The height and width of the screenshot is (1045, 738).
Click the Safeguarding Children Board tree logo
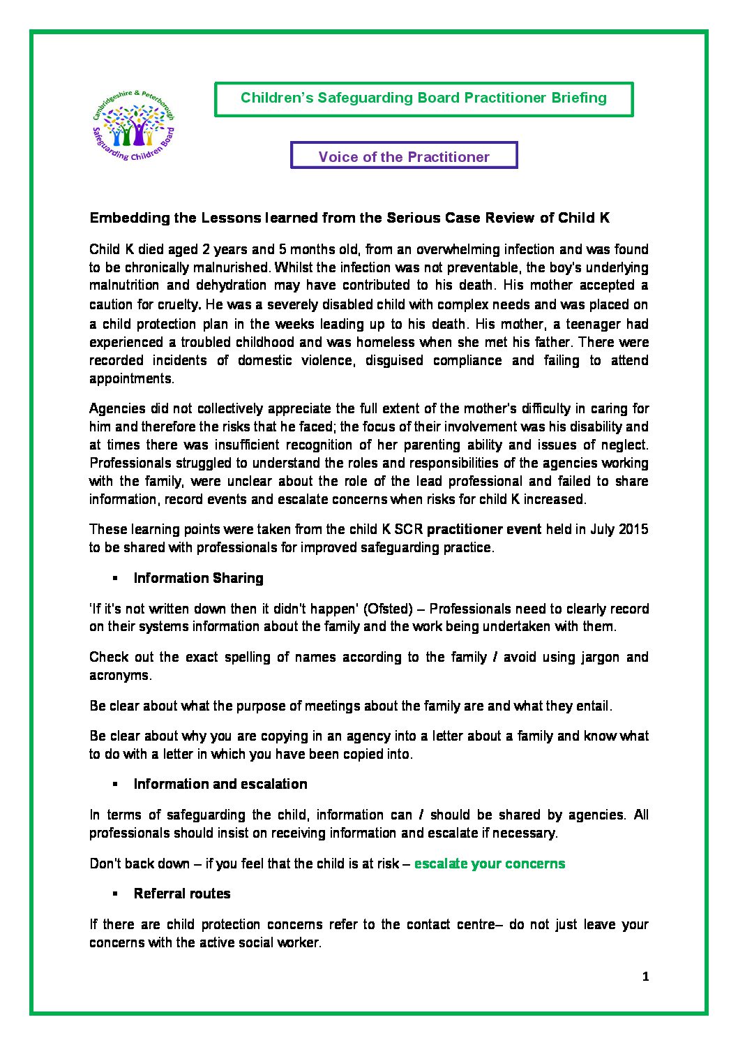[134, 126]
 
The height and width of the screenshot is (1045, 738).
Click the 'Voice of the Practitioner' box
[404, 156]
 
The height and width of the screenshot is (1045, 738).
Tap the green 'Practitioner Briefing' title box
[423, 98]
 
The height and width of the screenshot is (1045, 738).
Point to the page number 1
[645, 977]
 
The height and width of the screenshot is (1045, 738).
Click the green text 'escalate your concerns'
[489, 864]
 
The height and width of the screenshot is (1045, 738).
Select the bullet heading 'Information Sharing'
[198, 578]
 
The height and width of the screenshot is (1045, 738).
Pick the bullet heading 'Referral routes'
[181, 894]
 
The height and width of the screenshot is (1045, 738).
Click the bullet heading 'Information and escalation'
[220, 784]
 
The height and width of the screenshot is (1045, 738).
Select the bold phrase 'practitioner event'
[483, 529]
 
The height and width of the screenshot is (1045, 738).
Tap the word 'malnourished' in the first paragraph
[231, 267]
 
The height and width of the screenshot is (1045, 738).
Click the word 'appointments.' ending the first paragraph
[131, 378]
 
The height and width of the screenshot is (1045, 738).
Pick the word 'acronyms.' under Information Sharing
[120, 675]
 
